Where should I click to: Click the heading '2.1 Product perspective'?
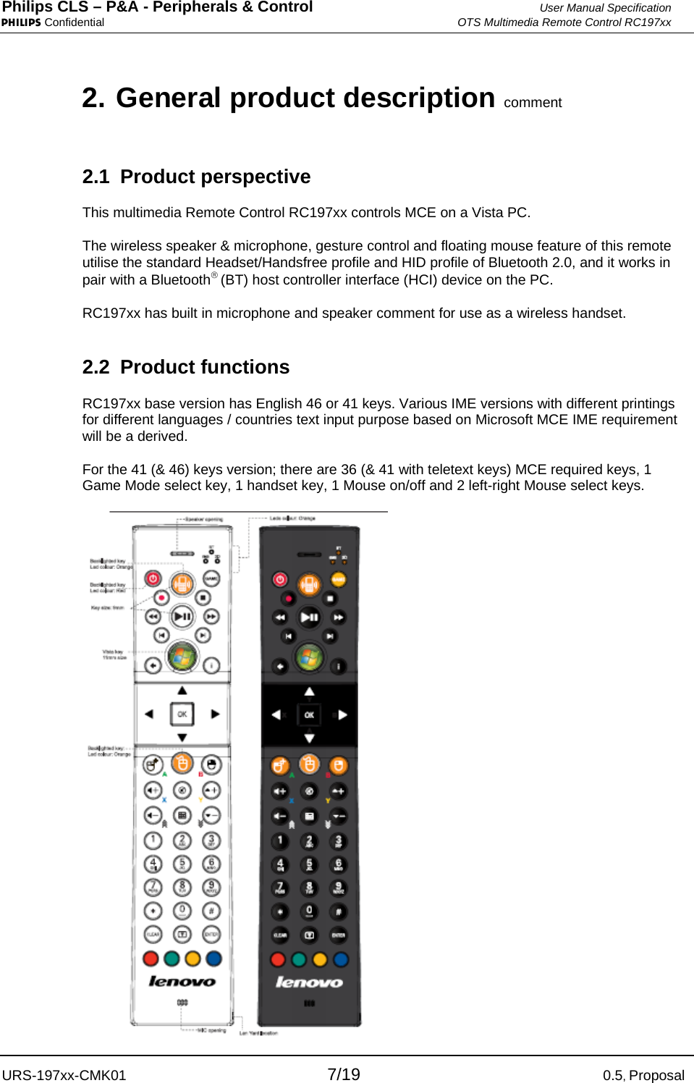(x=196, y=177)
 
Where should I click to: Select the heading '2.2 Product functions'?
(x=186, y=367)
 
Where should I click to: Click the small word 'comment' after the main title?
(x=533, y=103)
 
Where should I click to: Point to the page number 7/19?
(x=344, y=1074)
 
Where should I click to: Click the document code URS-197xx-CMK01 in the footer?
(x=64, y=1075)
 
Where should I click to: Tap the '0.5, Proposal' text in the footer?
(x=643, y=1075)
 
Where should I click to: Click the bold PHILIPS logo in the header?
(x=21, y=22)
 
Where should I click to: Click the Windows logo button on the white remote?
(x=182, y=657)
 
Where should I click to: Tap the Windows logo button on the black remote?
(x=309, y=657)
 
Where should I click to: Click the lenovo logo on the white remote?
(x=182, y=982)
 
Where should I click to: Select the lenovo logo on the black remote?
(x=309, y=982)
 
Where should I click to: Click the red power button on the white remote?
(x=153, y=578)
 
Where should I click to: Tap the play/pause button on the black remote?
(x=309, y=618)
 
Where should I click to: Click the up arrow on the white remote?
(x=182, y=690)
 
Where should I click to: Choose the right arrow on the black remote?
(x=342, y=715)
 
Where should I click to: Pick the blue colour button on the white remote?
(x=213, y=958)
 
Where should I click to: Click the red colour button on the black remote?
(x=278, y=959)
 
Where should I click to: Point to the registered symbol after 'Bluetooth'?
(x=214, y=275)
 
